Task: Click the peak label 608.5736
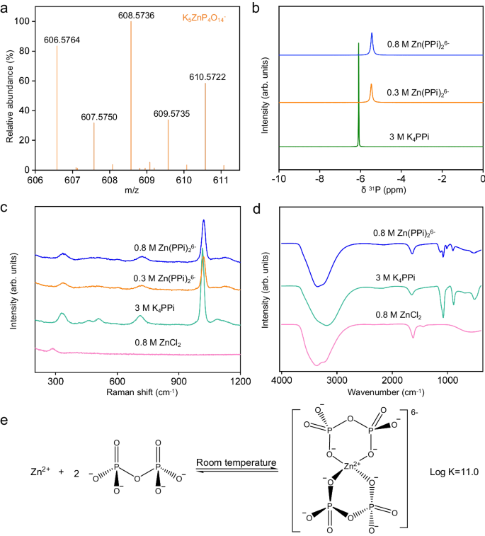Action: (131, 14)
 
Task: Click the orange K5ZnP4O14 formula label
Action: (207, 13)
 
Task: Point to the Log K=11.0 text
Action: (455, 471)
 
